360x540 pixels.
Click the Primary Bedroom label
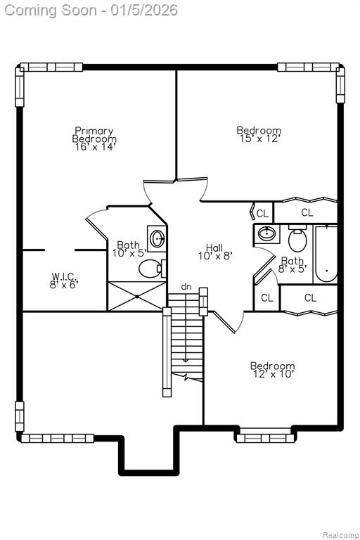pos(94,135)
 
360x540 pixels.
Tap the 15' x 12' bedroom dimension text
pos(259,139)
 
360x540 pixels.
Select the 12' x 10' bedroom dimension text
pos(273,374)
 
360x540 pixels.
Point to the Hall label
pos(214,247)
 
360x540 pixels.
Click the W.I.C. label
pos(64,276)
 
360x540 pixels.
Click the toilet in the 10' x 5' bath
pos(153,269)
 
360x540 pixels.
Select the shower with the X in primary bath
pos(137,296)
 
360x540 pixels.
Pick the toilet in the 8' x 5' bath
pos(297,238)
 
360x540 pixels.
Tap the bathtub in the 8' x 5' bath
pos(326,255)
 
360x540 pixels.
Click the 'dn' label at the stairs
pos(186,287)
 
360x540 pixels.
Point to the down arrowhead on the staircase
pos(186,360)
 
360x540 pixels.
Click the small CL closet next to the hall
pos(262,214)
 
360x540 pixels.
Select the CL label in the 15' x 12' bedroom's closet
pos(307,213)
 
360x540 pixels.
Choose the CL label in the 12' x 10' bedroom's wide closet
pos(310,298)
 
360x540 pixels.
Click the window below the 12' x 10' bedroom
pos(265,439)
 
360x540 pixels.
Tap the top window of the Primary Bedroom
pos(51,67)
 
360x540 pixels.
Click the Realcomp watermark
pos(340,535)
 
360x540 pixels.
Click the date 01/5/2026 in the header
pos(144,10)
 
